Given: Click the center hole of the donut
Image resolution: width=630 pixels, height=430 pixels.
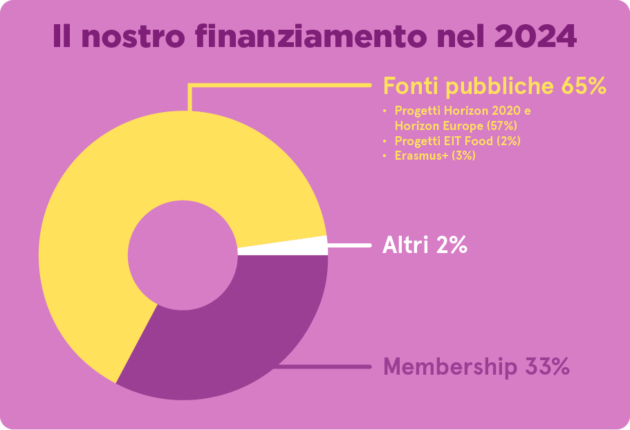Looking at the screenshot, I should pyautogui.click(x=183, y=255).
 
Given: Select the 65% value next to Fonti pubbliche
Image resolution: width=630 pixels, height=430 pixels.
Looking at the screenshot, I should pyautogui.click(x=583, y=87).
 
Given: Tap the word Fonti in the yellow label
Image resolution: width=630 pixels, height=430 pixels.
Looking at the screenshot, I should pyautogui.click(x=411, y=87).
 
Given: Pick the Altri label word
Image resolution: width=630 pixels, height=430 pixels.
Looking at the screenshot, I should pyautogui.click(x=405, y=245).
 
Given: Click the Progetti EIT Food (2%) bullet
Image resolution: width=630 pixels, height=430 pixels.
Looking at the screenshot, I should pyautogui.click(x=457, y=141).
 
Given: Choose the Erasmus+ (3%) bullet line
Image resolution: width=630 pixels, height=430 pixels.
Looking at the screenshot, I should pyautogui.click(x=435, y=156).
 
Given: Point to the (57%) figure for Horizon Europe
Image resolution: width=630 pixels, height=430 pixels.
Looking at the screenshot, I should pyautogui.click(x=501, y=126).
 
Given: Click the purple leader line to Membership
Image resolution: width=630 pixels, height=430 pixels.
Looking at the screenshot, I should pyautogui.click(x=332, y=366).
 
